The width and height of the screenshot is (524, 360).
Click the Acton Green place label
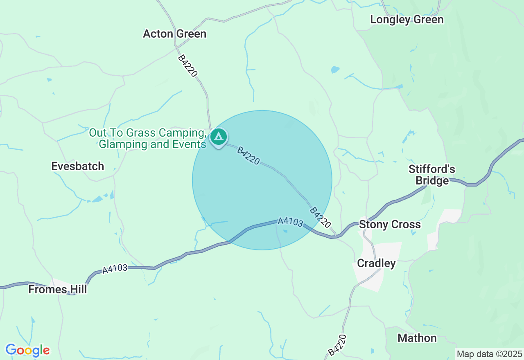click(174, 34)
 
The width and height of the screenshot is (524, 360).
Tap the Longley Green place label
click(407, 20)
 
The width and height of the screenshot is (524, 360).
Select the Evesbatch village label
click(78, 166)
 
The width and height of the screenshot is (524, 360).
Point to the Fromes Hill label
click(58, 290)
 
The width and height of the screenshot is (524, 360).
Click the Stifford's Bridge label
click(432, 175)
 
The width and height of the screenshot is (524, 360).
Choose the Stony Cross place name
click(390, 224)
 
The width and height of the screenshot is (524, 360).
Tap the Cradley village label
click(376, 263)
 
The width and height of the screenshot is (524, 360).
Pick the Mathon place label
click(417, 338)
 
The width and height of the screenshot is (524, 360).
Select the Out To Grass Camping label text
click(147, 133)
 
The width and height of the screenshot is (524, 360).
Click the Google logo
click(27, 350)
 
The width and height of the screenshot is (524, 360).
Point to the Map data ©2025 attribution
click(489, 354)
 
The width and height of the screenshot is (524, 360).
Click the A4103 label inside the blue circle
click(290, 222)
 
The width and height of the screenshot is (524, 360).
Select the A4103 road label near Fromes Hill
click(115, 269)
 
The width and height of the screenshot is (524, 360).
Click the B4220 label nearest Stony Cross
click(320, 217)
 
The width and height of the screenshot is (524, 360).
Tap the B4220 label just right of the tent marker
click(248, 156)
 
